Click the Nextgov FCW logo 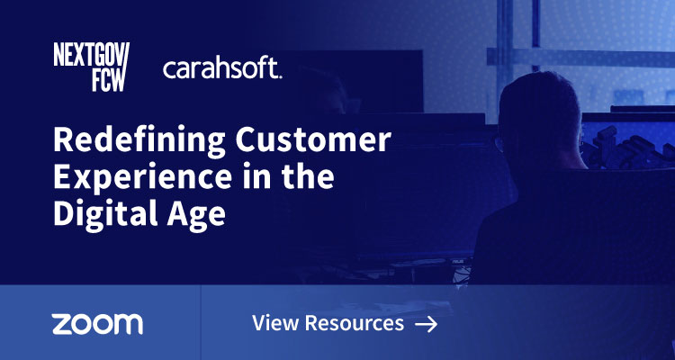pyautogui.click(x=92, y=67)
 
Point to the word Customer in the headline pyautogui.click(x=309, y=142)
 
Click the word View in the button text pyautogui.click(x=274, y=323)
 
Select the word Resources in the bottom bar pyautogui.click(x=353, y=323)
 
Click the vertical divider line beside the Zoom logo pyautogui.click(x=200, y=322)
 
